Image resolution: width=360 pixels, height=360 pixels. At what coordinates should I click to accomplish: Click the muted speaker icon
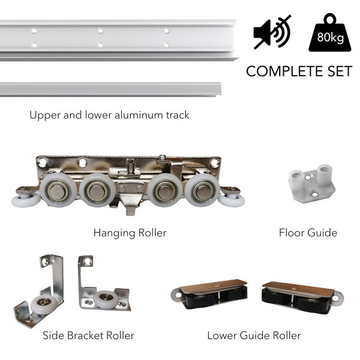point(272,32)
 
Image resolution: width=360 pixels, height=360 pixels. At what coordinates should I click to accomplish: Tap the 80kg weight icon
point(330,32)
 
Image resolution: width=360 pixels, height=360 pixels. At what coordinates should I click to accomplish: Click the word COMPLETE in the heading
point(284,71)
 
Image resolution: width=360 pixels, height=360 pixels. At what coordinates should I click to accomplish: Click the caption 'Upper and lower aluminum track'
point(110,115)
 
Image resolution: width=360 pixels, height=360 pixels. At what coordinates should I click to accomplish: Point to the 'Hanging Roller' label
point(130,233)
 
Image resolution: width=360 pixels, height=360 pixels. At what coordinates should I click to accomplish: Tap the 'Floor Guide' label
point(308,233)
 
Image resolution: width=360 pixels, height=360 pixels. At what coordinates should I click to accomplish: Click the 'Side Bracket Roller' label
point(88,335)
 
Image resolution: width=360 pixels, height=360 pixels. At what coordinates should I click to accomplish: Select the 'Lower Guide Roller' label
point(254,335)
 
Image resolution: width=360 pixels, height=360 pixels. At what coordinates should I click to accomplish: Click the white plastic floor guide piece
point(312,184)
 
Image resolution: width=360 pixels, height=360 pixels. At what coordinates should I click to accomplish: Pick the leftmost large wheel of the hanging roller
point(58,190)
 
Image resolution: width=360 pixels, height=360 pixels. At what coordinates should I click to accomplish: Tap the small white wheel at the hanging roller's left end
point(26,200)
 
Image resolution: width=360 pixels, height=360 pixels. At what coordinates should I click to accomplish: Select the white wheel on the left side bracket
point(44,304)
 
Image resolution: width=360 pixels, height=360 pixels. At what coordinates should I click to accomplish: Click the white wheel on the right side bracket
point(106,299)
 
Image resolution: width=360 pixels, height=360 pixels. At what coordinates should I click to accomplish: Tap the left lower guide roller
point(209,294)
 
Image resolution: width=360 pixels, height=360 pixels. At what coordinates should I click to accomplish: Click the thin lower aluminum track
point(110,89)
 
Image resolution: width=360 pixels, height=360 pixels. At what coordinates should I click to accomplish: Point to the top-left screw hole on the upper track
point(34,31)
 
